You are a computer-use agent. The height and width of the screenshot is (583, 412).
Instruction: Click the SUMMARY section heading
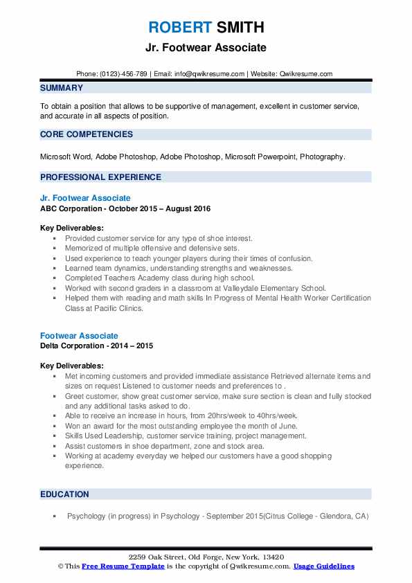pos(62,88)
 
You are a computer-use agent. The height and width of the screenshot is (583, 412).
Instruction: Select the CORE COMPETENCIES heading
pos(86,134)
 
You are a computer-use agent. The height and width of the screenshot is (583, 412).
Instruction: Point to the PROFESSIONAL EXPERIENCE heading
pos(100,177)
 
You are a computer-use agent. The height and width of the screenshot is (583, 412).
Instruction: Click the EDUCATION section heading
pos(64,494)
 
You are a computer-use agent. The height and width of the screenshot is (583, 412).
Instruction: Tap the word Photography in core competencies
pos(321,156)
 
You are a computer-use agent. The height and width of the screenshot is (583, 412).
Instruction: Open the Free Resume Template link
pos(123,566)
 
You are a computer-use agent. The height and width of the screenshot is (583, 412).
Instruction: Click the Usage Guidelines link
pos(324,566)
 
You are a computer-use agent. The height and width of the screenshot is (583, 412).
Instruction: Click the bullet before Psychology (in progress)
pos(54,516)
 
